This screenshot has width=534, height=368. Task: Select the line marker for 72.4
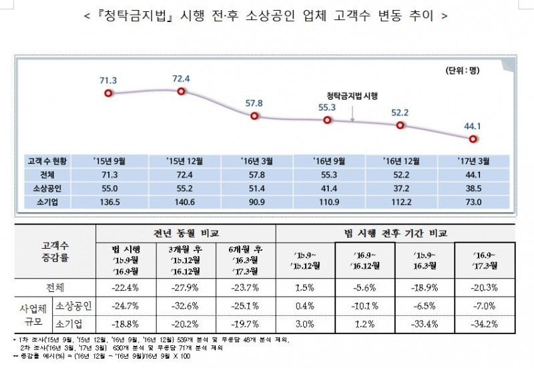point(182,93)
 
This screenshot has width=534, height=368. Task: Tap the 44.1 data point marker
point(473,139)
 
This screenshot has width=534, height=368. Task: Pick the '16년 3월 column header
point(255,161)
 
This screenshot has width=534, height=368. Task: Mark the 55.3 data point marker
point(327,119)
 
